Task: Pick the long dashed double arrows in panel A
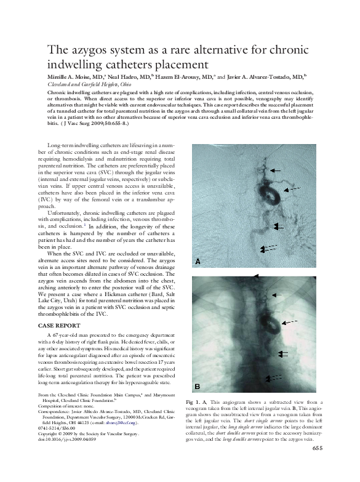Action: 268,248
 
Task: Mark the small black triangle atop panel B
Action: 257,276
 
